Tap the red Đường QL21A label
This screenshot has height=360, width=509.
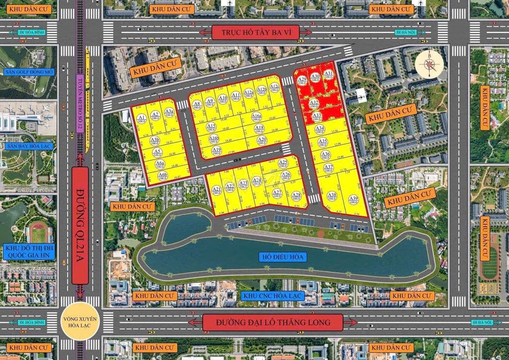[x=80, y=225]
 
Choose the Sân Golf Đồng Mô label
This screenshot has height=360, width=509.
[x=29, y=72]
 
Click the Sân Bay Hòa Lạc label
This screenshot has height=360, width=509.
[x=29, y=146]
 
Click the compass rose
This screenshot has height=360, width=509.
[x=429, y=65]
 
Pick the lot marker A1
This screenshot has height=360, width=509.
[x=142, y=118]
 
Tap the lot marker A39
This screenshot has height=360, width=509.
[x=353, y=200]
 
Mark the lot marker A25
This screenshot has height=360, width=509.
[x=283, y=163]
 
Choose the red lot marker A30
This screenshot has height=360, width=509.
[x=315, y=78]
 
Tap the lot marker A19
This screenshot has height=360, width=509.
[x=216, y=150]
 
